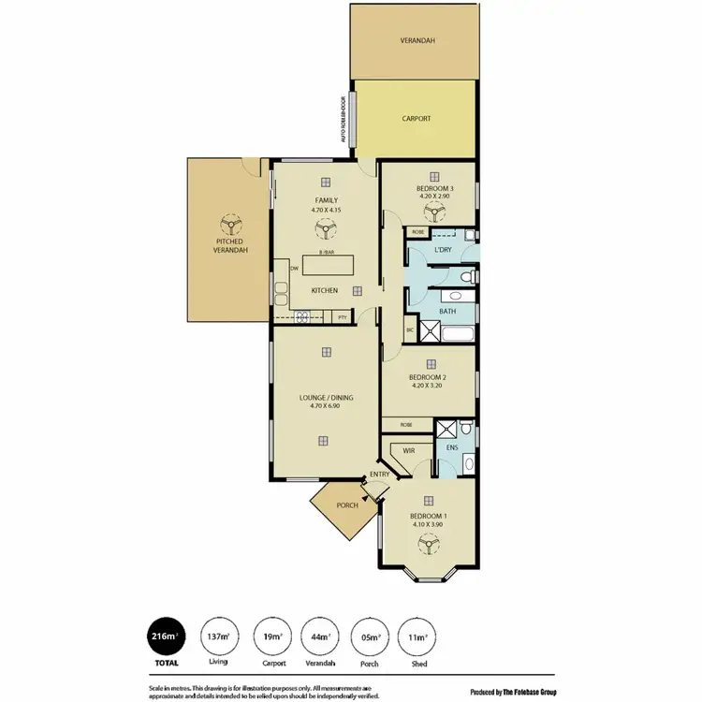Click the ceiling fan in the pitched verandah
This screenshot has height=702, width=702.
click(x=227, y=225)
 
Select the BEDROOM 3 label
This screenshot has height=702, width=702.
click(x=434, y=189)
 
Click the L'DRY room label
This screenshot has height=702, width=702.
click(x=444, y=250)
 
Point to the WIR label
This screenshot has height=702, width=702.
click(x=408, y=450)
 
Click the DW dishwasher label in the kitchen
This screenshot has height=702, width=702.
click(x=294, y=269)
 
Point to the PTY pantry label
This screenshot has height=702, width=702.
click(x=343, y=317)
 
